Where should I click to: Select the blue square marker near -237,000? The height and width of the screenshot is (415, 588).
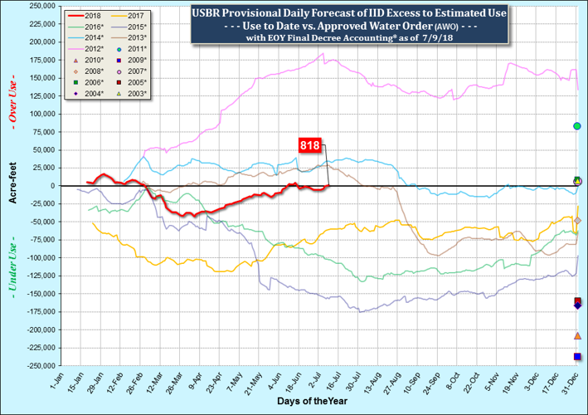click(577, 357)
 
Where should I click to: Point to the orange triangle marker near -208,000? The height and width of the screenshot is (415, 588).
click(577, 335)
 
